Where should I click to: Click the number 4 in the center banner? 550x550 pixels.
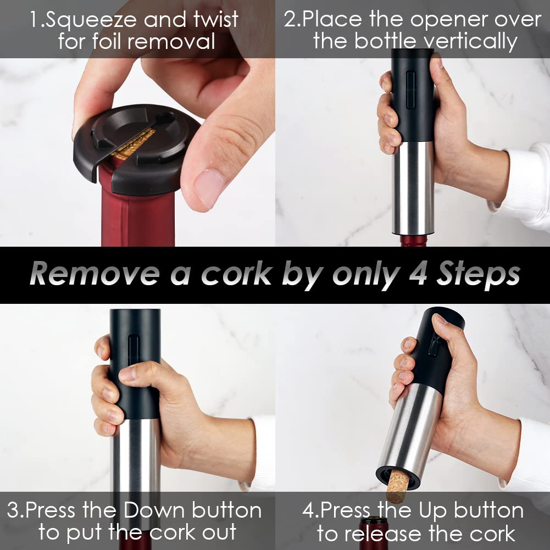point(419,274)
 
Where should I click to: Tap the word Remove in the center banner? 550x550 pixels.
point(95,274)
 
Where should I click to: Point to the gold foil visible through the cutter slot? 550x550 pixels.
point(134,144)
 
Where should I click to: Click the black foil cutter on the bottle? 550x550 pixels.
point(136,148)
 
